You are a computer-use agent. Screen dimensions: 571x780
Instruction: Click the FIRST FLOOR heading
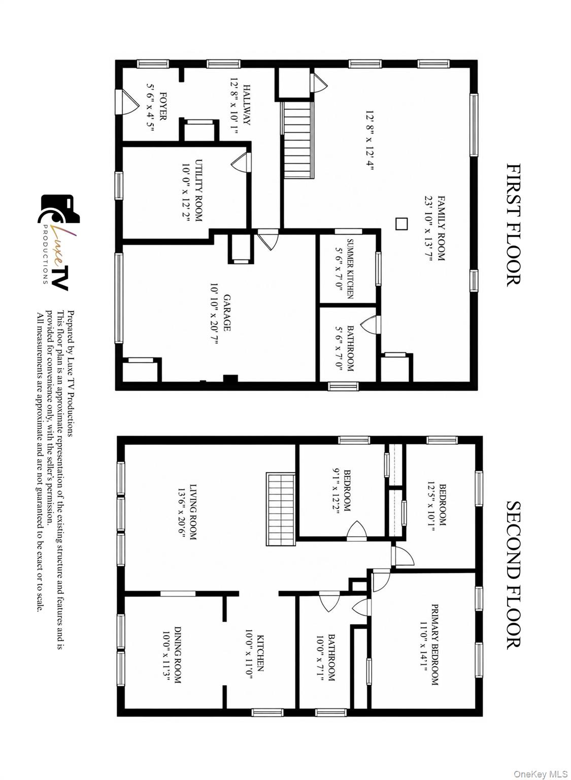pos(514,225)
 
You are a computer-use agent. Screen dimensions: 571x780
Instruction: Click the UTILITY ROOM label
pos(198,190)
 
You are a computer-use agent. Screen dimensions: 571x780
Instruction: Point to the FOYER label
pos(162,106)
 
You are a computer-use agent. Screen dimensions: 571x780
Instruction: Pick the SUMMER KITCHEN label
pos(350,269)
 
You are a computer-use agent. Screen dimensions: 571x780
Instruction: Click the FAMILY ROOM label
pos(441,228)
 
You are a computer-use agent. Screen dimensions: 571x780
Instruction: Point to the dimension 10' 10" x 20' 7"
pos(214,313)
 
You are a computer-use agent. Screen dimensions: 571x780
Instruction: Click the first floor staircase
pos(298,140)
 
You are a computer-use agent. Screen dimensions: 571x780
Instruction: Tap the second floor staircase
pos(281,509)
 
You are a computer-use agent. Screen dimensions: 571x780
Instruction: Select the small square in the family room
pos(401,224)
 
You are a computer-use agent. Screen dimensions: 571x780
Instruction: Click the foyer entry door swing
pos(127,102)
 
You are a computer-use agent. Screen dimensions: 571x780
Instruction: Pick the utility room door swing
pos(241,162)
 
